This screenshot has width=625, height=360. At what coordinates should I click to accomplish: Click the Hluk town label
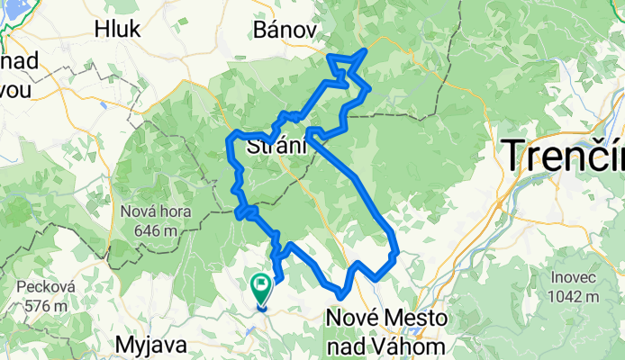pyautogui.click(x=117, y=29)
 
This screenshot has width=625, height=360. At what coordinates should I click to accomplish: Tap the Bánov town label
pyautogui.click(x=285, y=30)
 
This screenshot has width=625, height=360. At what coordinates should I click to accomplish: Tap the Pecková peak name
pyautogui.click(x=42, y=288)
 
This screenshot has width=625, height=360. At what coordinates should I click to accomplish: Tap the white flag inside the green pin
pyautogui.click(x=261, y=286)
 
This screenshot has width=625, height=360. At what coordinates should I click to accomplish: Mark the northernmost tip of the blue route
pyautogui.click(x=365, y=50)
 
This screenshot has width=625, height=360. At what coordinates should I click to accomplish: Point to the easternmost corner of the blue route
pyautogui.click(x=396, y=251)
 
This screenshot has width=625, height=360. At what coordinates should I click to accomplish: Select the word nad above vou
pyautogui.click(x=20, y=62)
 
